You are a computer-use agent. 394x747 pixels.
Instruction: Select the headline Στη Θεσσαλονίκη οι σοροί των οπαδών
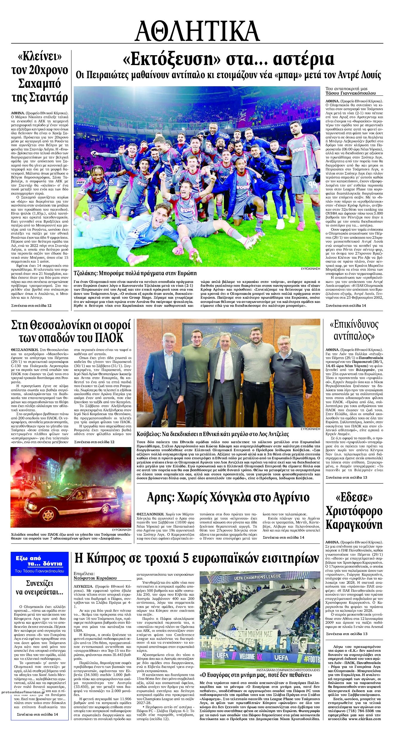click(71, 331)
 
